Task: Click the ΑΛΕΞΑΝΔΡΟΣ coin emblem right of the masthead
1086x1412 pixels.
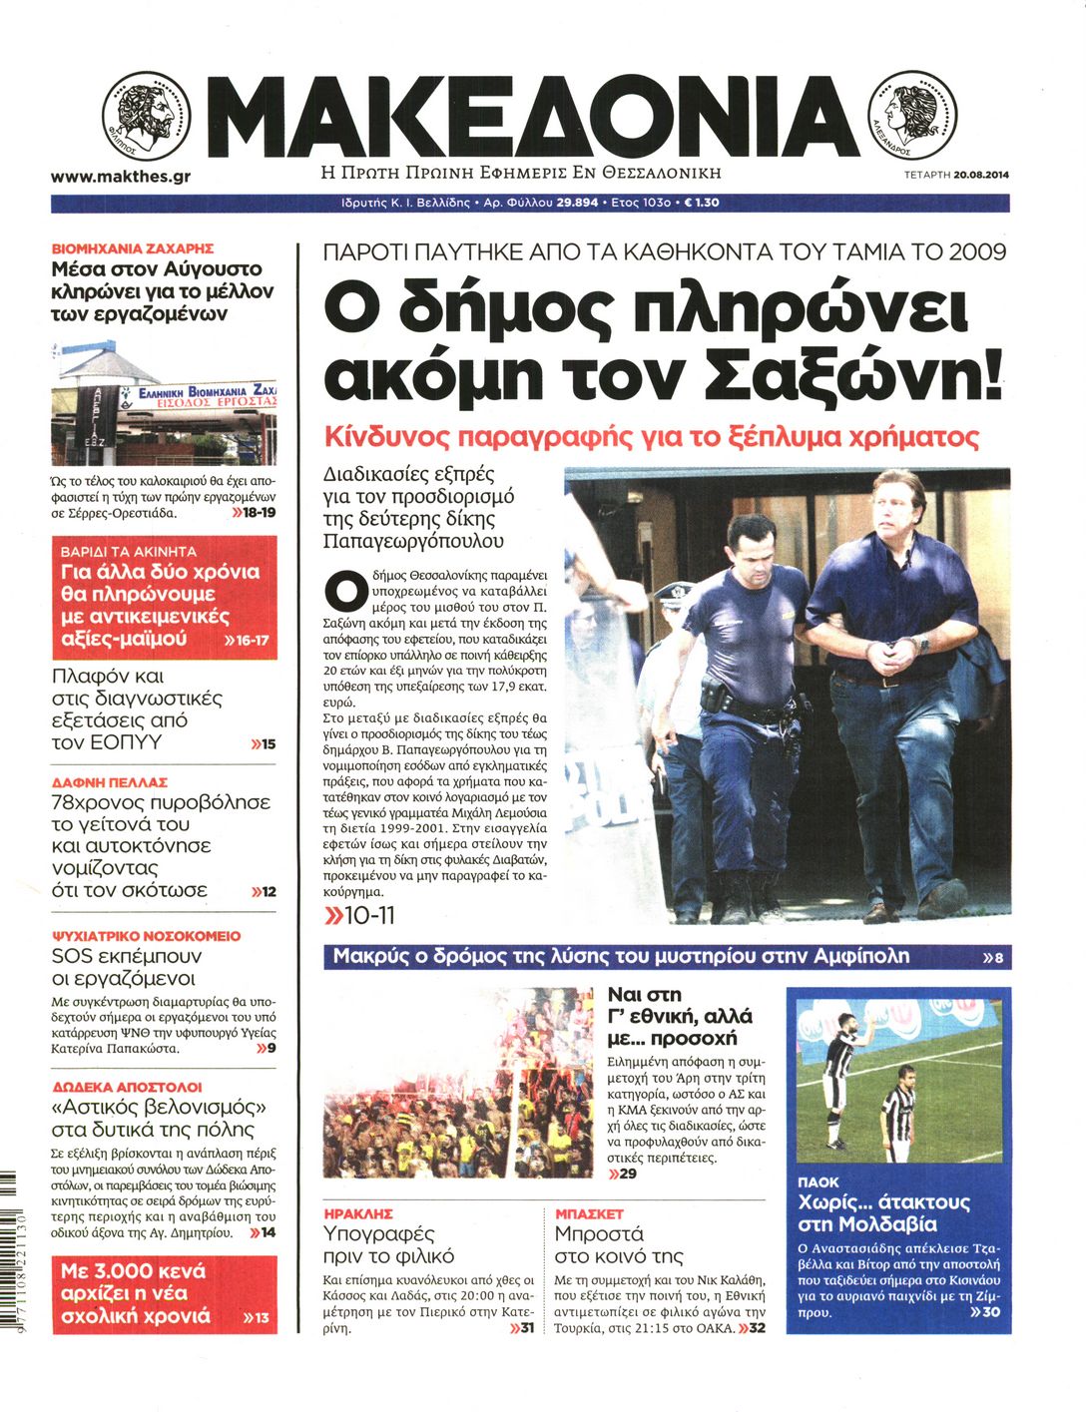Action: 913,117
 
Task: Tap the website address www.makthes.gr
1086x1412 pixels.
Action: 121,177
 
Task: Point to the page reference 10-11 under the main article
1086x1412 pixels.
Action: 360,915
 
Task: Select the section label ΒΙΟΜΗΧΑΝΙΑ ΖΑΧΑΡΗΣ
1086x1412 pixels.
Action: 132,247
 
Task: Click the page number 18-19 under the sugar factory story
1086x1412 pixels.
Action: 254,513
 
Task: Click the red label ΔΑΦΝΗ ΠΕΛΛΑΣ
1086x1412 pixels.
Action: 109,782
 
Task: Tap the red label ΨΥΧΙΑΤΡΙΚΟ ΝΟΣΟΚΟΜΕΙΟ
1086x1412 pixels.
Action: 146,936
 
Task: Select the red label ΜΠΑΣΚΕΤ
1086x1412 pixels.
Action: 589,1214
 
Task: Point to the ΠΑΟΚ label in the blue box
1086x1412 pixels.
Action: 818,1181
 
